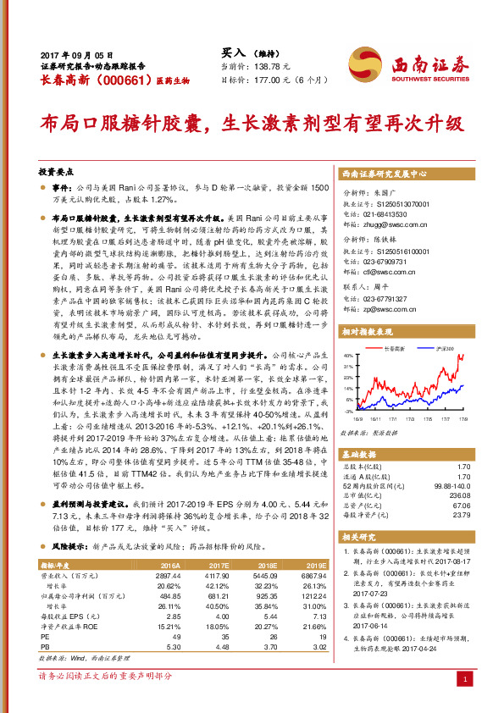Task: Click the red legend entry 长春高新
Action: coord(390,348)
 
